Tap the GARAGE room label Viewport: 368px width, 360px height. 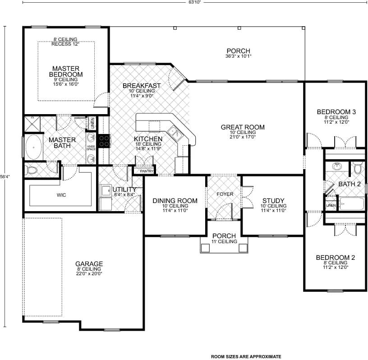point(89,264)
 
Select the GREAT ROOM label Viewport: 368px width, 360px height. point(243,127)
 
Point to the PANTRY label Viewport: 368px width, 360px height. point(147,171)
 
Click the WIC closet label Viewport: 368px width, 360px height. point(61,195)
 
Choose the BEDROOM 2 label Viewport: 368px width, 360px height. point(335,258)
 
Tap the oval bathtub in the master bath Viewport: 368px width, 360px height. point(33,147)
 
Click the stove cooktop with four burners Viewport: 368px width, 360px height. point(104,141)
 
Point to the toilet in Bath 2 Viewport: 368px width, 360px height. point(358,169)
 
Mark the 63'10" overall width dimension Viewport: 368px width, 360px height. point(194,2)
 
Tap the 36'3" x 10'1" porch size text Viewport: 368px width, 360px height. point(238,56)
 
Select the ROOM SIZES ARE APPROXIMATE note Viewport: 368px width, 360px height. point(246,356)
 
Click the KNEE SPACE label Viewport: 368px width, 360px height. point(91,148)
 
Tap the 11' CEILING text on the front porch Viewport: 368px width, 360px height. point(224,241)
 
